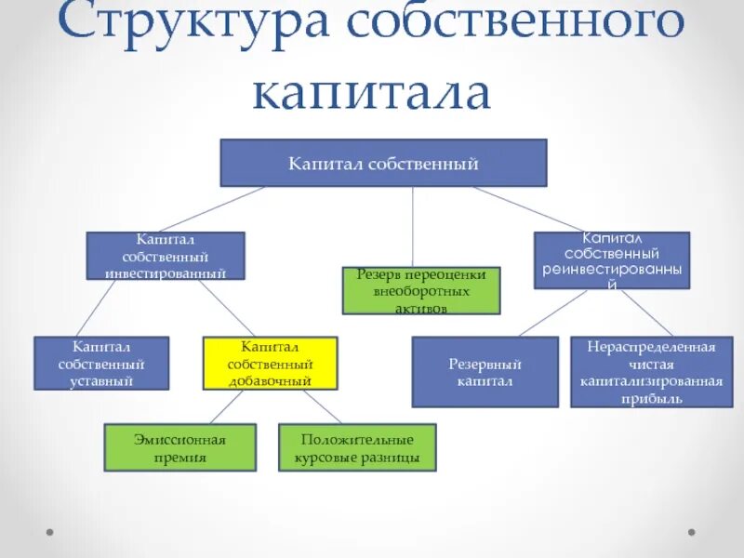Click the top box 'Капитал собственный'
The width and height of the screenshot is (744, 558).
383,163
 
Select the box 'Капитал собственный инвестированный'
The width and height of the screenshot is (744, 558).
166,256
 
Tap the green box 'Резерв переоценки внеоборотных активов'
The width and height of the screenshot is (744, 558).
421,290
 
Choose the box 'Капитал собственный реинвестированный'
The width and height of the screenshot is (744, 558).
612,259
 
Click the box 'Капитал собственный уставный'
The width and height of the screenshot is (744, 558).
101,363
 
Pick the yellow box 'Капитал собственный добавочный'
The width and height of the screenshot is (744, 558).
270,363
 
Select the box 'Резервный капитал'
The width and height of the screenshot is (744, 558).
485,372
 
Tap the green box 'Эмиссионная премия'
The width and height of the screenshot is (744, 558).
179,447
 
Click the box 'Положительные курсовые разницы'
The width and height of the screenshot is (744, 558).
356,447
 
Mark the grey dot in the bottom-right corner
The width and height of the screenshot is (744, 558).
691,532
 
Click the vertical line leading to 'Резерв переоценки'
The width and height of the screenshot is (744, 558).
412,227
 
